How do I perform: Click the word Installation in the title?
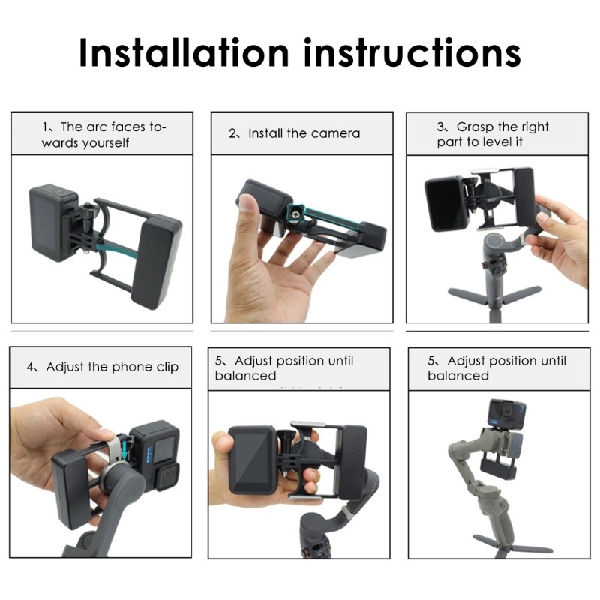[x=184, y=52]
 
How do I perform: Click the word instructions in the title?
[x=412, y=52]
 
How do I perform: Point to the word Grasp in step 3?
[x=475, y=127]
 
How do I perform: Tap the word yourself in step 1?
[x=106, y=143]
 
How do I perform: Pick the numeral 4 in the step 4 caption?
[x=30, y=367]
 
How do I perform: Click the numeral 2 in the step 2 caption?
[x=232, y=133]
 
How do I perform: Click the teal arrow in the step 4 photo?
[x=124, y=448]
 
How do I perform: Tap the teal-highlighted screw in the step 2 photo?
[x=296, y=211]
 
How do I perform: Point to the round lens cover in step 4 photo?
[x=167, y=478]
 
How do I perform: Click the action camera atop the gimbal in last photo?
[x=507, y=414]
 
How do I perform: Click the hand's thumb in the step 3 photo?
[x=545, y=221]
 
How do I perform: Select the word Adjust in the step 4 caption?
[x=64, y=367]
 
